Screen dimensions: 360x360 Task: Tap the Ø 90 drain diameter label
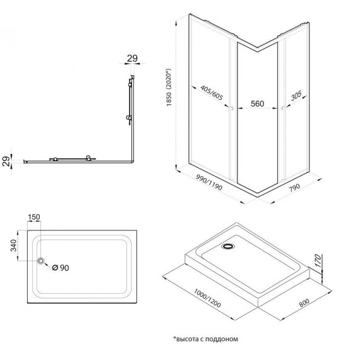(59, 267)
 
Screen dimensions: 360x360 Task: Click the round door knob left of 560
(233, 110)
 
